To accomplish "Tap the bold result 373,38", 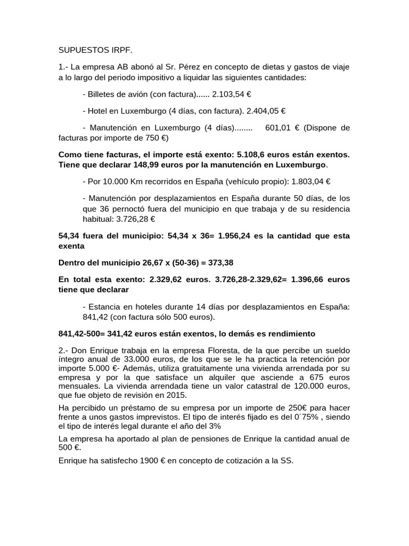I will click(x=219, y=263).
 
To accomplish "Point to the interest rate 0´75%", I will click(x=302, y=417).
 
